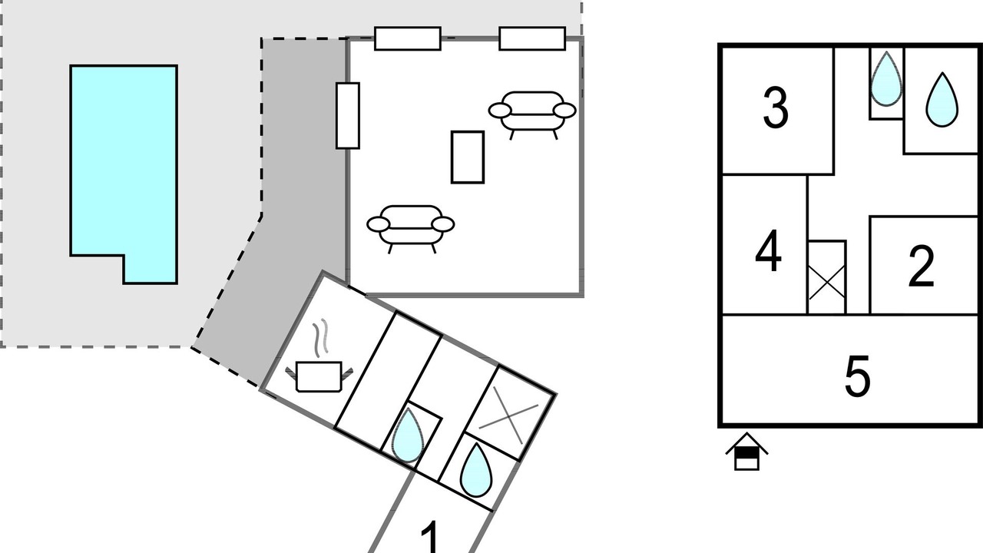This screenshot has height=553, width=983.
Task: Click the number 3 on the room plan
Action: click(x=776, y=108)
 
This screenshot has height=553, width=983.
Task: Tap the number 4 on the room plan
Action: click(x=768, y=251)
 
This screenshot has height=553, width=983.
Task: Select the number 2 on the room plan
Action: click(x=921, y=267)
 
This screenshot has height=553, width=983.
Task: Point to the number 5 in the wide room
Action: click(x=857, y=376)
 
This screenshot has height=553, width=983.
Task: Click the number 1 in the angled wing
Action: click(x=431, y=537)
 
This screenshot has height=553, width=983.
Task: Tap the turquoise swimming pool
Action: click(x=124, y=174)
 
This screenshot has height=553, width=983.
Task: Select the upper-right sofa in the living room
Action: click(x=532, y=113)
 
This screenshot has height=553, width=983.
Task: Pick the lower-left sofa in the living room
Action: click(x=410, y=227)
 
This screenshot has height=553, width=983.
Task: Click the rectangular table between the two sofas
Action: click(x=468, y=157)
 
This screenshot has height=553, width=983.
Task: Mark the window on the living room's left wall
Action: click(x=348, y=116)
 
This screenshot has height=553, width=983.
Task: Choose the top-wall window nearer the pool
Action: click(x=408, y=38)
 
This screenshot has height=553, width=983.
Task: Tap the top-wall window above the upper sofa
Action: click(x=532, y=38)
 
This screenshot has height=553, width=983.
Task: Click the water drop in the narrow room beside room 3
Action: click(x=886, y=81)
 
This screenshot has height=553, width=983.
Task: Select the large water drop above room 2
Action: click(x=942, y=101)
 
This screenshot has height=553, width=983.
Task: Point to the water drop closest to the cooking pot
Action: click(x=408, y=436)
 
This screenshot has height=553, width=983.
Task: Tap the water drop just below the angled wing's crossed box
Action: click(x=476, y=471)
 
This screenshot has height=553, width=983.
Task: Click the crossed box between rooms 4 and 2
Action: click(x=827, y=277)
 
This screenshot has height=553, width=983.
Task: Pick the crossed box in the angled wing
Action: click(x=509, y=414)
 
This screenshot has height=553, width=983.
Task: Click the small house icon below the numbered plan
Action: click(x=747, y=452)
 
